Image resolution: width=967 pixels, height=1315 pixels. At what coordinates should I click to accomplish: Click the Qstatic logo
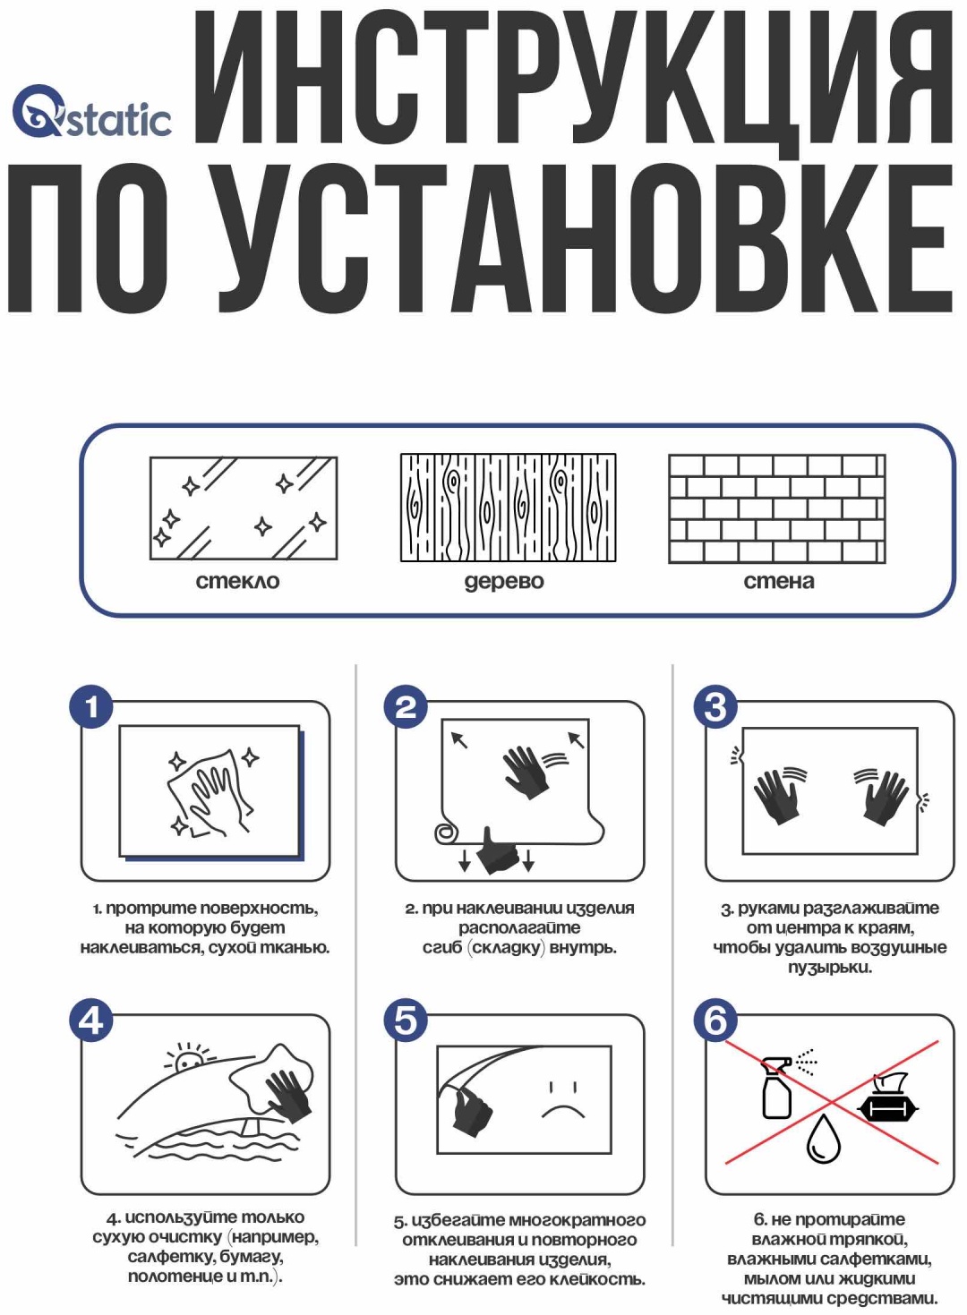(x=91, y=111)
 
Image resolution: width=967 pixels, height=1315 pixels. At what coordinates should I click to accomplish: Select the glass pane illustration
(x=244, y=508)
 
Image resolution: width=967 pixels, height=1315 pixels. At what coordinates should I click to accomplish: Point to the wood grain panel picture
(x=509, y=508)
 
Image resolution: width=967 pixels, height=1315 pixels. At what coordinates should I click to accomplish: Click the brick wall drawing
(x=777, y=508)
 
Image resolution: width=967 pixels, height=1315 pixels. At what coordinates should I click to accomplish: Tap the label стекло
(x=238, y=582)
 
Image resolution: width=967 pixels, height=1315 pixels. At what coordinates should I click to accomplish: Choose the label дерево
(x=504, y=582)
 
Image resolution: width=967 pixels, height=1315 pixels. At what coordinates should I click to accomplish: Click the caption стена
(x=779, y=582)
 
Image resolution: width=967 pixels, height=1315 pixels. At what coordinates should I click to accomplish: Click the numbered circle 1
(x=91, y=707)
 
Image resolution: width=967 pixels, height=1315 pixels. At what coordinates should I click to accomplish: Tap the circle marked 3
(x=715, y=707)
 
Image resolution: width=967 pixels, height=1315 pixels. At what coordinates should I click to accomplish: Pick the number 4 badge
(x=91, y=1020)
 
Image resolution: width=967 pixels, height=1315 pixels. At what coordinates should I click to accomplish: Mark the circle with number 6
(x=715, y=1020)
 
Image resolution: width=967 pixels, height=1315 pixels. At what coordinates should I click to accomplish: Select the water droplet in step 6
(x=823, y=1140)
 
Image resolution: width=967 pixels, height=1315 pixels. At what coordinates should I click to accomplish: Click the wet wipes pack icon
(x=887, y=1097)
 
